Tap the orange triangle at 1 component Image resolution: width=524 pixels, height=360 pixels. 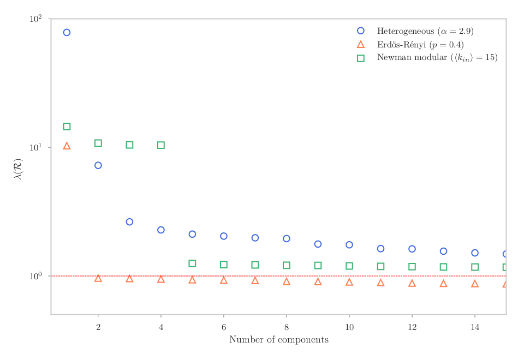[67, 143]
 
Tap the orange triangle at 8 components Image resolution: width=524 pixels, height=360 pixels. [287, 279]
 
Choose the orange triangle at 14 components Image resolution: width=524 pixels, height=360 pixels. [475, 281]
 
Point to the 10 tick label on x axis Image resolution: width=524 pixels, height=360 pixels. [349, 327]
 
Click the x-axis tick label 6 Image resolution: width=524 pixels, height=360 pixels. [224, 327]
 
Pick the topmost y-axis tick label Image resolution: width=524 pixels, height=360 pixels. [36, 19]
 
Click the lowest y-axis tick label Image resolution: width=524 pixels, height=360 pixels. [36, 276]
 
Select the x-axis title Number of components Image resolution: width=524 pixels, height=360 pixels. [279, 340]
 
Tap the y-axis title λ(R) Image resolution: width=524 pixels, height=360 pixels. [18, 169]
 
